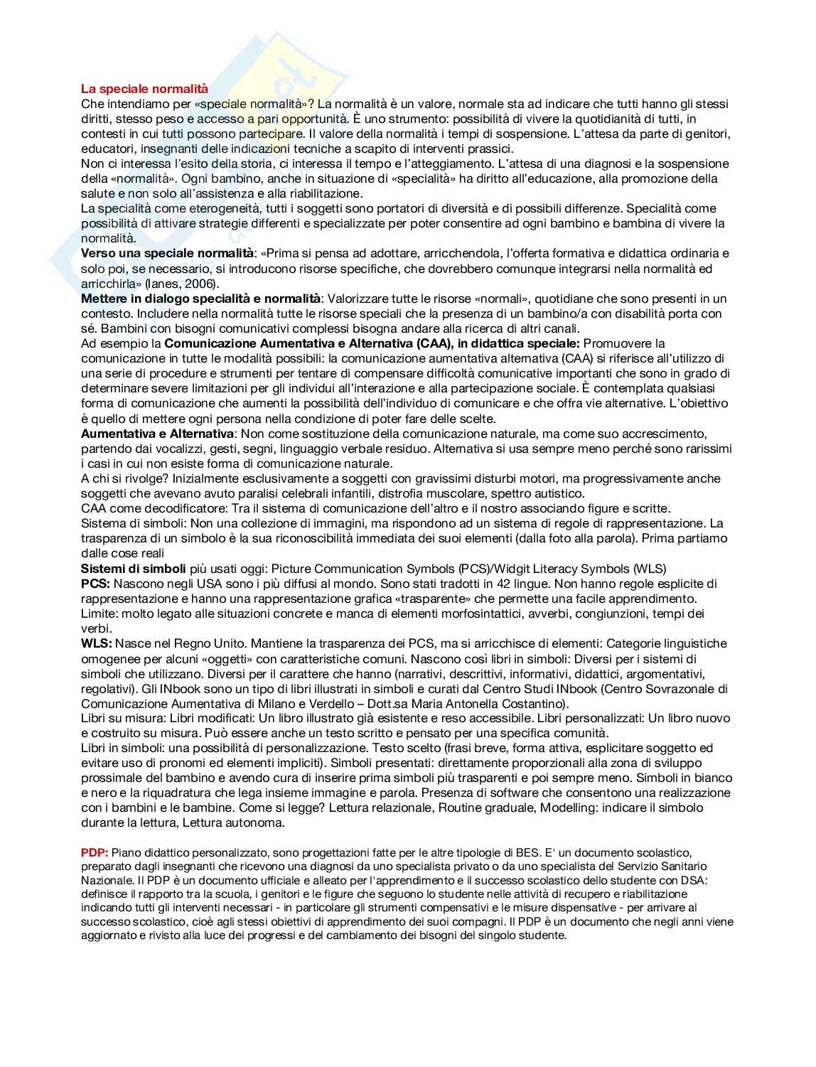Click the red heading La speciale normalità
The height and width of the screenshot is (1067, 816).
144,89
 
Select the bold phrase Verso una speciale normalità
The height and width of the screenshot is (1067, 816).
167,254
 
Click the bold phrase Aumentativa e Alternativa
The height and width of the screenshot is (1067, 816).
157,434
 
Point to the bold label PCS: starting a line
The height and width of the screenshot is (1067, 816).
95,584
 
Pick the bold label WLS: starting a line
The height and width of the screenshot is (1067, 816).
96,643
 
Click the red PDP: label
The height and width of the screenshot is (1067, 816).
94,852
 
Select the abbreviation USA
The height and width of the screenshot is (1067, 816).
197,584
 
